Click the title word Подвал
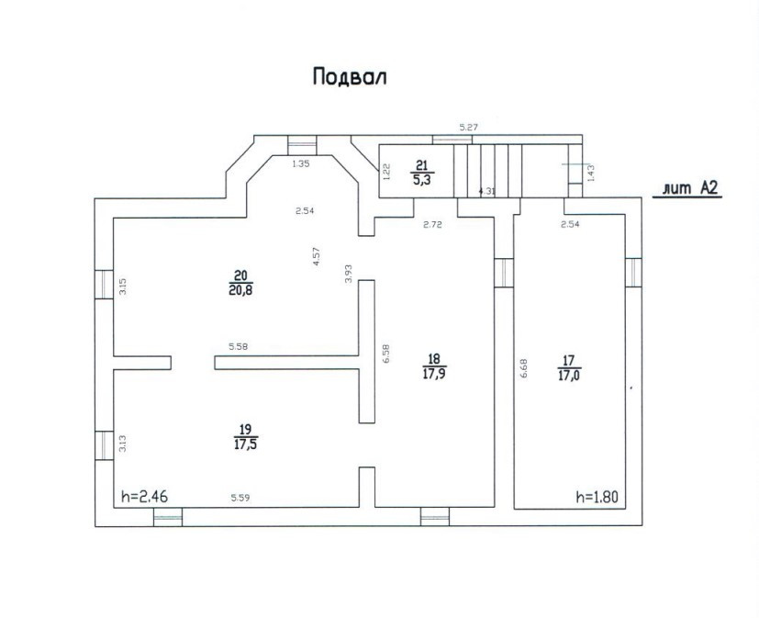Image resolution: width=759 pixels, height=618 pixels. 350,76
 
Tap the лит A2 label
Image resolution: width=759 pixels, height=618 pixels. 688,189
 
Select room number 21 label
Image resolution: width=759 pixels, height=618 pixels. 422,165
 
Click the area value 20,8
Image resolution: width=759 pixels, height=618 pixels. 241,291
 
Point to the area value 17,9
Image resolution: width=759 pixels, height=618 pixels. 434,374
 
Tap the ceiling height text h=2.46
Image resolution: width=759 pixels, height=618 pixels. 143,497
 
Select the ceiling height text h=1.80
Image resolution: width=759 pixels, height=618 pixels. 597,497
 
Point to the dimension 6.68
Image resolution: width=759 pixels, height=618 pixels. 524,368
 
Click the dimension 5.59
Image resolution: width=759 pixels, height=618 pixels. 240,498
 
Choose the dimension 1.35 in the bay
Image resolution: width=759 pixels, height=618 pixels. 301,163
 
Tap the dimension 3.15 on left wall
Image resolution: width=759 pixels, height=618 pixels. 122,286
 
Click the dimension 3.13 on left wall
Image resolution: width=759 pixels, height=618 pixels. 122,444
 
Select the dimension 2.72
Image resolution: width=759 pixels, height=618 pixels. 433,225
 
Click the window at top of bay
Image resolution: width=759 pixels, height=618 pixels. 301,144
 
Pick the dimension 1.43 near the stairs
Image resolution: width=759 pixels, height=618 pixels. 590,172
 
